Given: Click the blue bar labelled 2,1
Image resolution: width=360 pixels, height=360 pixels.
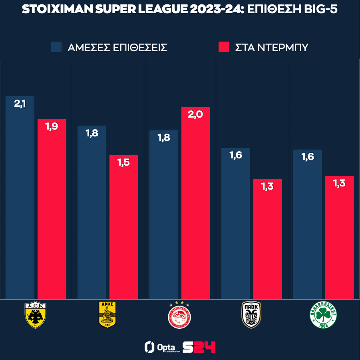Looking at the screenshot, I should pyautogui.click(x=20, y=200).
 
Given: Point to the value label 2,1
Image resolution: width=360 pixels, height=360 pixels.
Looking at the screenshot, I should pyautogui.click(x=20, y=104).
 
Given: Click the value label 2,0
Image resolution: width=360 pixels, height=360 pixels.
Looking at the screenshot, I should pyautogui.click(x=196, y=115).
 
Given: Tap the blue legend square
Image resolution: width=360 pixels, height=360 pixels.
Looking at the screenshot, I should pyautogui.click(x=56, y=47).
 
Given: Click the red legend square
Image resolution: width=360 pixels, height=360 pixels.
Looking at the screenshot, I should pyautogui.click(x=224, y=47).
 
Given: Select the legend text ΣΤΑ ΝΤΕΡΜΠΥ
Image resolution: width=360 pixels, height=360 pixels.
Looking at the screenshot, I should pyautogui.click(x=271, y=48).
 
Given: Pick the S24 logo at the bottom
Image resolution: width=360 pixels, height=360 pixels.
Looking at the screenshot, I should pyautogui.click(x=199, y=347).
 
